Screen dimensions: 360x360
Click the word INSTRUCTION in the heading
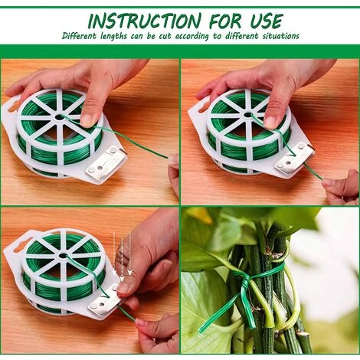(x=145, y=21)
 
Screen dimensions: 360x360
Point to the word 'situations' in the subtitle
(x=281, y=36)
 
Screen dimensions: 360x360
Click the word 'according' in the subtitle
(x=191, y=36)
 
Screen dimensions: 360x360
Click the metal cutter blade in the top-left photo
(x=106, y=162)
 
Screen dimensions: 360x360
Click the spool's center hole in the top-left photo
(x=60, y=117)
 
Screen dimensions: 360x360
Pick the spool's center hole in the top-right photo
(x=247, y=115)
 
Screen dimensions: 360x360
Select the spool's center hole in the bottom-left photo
(x=63, y=256)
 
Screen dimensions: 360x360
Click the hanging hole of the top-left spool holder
(x=13, y=105)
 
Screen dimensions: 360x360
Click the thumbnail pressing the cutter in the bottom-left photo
(x=123, y=288)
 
